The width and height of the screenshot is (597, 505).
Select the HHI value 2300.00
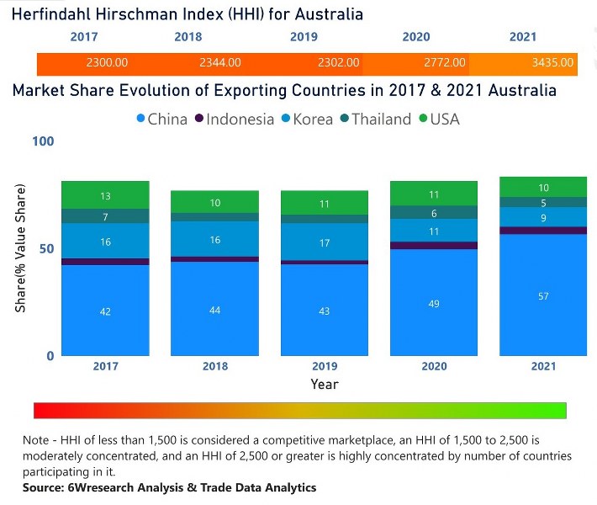coord(107,62)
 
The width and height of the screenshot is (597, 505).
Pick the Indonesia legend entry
coord(234,119)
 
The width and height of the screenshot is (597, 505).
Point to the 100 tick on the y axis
coord(43,141)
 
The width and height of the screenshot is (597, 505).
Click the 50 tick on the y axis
coord(47,248)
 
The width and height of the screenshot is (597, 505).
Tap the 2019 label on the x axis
coord(325,367)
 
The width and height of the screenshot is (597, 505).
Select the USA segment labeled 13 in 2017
coord(105,195)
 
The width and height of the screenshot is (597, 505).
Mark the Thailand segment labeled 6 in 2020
coord(434,213)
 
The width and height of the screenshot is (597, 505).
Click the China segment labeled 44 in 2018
coord(214,309)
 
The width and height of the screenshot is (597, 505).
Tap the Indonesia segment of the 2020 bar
coord(434,246)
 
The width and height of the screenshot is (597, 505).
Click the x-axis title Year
coord(325,384)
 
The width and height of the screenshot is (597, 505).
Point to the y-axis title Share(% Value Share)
coord(20,248)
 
